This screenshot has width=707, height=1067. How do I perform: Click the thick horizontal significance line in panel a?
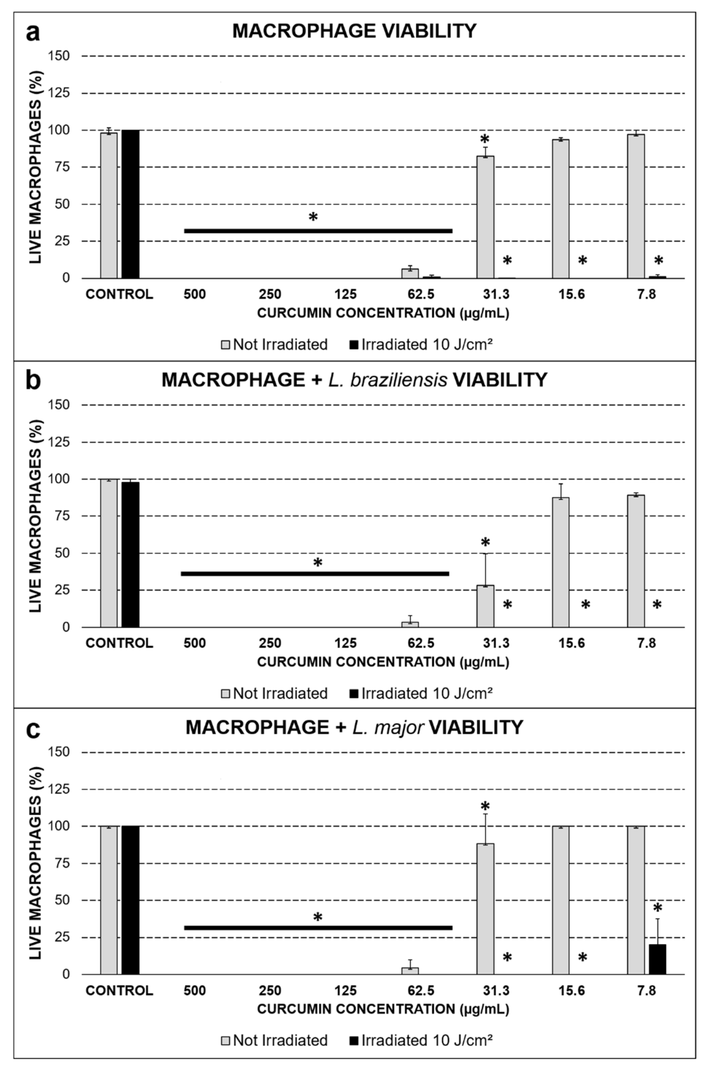point(318,231)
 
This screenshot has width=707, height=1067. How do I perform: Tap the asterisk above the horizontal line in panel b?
point(318,563)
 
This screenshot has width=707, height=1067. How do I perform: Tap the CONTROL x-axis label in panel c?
point(120,990)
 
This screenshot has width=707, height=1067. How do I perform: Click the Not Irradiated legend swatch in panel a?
point(225,345)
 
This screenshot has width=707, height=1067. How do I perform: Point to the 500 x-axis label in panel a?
point(195,294)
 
